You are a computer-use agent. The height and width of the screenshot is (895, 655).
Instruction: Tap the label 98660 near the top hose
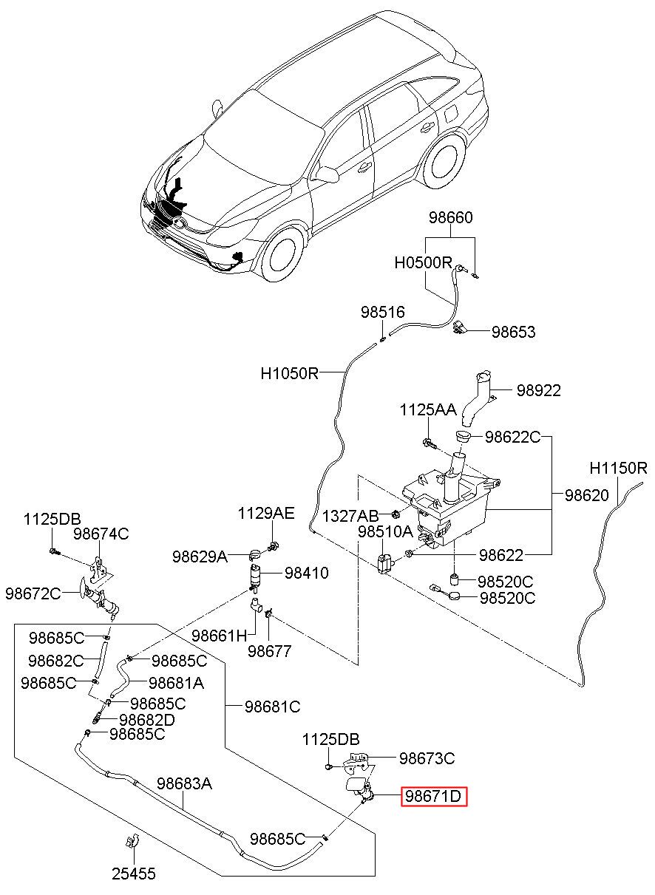pos(451,218)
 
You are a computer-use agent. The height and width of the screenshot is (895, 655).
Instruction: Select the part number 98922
pos(539,390)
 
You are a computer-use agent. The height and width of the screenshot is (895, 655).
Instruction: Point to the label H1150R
pos(618,468)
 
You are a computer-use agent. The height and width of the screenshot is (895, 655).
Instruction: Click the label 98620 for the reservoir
pos(587,495)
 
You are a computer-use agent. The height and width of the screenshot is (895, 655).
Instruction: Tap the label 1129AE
pos(266,514)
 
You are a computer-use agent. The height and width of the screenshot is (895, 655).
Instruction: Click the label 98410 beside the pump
pos(307,573)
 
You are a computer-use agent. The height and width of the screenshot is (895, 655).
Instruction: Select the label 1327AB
pos(350,516)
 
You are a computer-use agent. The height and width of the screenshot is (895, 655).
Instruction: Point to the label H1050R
pos(289,373)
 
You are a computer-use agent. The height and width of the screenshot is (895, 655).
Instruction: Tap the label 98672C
pos(33,593)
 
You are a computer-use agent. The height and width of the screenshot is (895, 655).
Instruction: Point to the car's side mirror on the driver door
pos(326,173)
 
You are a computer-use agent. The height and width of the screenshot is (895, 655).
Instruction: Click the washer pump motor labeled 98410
pos(255,578)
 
